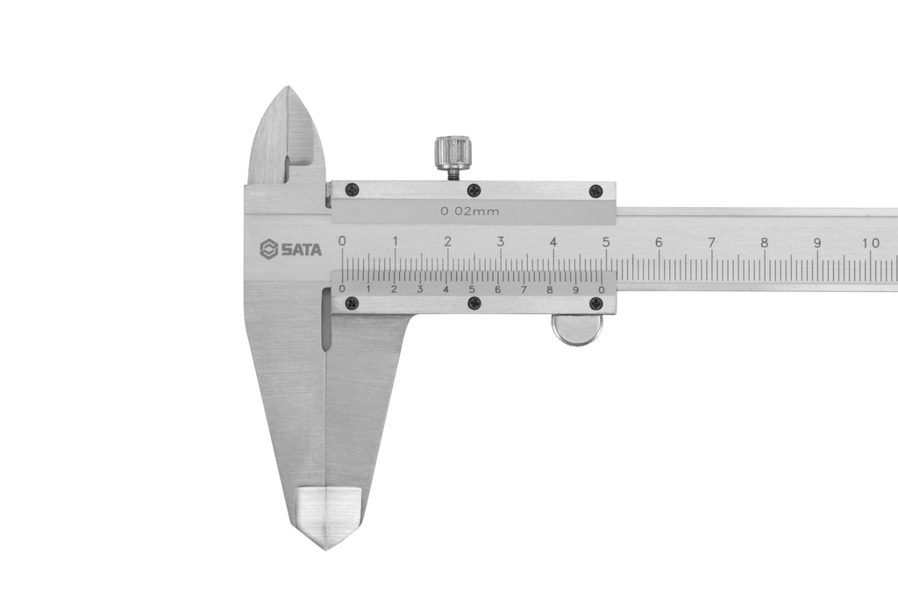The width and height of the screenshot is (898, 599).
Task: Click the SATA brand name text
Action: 301,250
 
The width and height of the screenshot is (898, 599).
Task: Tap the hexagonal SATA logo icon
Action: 268,250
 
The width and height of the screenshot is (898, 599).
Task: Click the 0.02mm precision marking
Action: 470,211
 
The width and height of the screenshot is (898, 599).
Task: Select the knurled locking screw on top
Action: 453,153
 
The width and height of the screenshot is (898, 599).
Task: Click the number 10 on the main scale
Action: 871,243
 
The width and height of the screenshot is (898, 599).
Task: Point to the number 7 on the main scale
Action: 711,243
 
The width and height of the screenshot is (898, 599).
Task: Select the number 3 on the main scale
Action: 501,242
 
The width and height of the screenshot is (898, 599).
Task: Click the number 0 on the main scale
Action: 342,241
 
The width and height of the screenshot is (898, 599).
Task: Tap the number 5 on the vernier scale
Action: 472,289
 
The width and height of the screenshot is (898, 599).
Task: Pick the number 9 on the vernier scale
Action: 576,289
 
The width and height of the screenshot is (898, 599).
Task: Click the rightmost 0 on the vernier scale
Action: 602,289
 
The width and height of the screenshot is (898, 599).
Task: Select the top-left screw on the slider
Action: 352,189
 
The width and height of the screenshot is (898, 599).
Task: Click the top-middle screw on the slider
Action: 474,189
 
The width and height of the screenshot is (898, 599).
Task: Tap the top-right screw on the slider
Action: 595,190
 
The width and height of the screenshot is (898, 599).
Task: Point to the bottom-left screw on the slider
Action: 352,303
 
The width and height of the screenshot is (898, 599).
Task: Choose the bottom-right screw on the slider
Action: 595,303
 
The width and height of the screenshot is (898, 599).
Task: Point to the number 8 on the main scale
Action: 764,243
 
